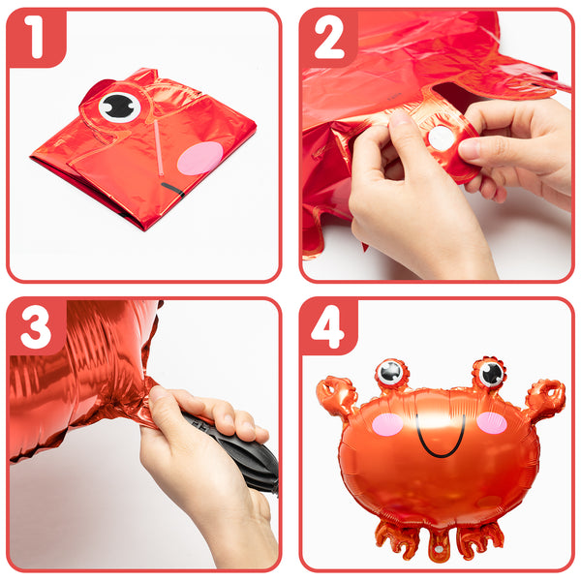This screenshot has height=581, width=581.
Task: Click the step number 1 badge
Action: (37, 38)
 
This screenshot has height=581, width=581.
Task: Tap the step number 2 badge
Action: (329, 38)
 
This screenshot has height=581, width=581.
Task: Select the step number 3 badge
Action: (37, 327)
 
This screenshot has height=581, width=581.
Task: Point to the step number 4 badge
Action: (329, 327)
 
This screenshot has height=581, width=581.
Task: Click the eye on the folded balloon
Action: (119, 107)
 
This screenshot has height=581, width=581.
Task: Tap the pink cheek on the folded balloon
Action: (200, 158)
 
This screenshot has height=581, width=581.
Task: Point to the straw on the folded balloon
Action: (158, 147)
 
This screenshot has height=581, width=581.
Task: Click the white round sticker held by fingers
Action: (442, 138)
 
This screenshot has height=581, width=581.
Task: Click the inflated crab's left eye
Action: (390, 372)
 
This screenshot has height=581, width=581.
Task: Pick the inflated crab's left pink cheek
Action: (387, 424)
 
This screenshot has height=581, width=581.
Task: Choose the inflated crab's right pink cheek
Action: (492, 422)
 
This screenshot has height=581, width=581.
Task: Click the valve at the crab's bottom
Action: (439, 549)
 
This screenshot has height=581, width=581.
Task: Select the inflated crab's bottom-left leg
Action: (397, 540)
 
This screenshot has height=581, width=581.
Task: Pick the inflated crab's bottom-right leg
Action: (480, 540)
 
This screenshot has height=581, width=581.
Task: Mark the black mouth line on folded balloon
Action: (173, 190)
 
